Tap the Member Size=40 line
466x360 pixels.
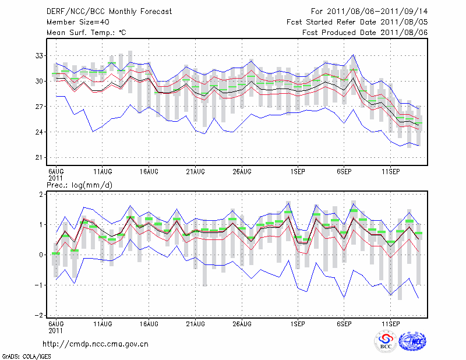tap(76, 22)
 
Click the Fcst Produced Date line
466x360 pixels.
tap(365, 33)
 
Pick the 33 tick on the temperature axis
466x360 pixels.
tap(39, 56)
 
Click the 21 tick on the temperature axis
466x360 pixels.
tap(39, 158)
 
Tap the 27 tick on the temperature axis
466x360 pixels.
tap(39, 107)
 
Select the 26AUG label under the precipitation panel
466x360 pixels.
tap(242, 323)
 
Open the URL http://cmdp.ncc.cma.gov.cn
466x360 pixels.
tap(96, 344)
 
